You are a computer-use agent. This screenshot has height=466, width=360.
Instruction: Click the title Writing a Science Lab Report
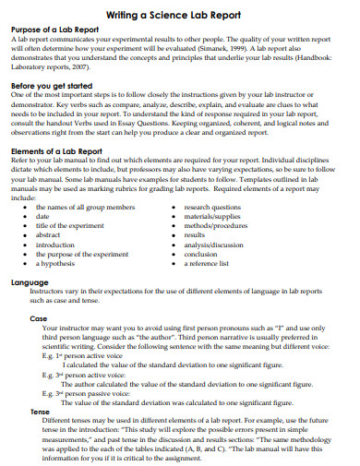[x=181, y=14]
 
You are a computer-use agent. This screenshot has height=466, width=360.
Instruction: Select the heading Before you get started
[x=55, y=85]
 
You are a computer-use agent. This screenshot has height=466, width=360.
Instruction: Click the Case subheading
[x=38, y=317]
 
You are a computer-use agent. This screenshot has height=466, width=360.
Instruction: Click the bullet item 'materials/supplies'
[x=212, y=216]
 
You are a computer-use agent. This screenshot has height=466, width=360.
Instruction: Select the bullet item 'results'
[x=195, y=235]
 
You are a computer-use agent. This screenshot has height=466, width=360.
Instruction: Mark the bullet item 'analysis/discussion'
[x=214, y=245]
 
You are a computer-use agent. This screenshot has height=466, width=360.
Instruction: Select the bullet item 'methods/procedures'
[x=216, y=225]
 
